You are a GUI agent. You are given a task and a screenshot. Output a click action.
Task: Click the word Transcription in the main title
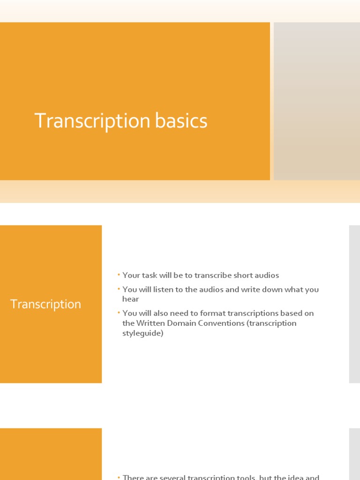point(92,121)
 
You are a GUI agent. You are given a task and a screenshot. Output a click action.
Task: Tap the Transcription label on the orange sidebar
point(45,304)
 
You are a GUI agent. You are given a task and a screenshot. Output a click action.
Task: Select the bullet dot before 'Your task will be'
point(119,275)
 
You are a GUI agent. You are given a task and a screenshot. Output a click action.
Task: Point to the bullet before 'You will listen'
point(119,289)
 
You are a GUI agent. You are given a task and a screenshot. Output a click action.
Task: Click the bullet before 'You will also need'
point(119,313)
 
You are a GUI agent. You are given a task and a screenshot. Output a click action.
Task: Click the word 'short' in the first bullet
point(240,276)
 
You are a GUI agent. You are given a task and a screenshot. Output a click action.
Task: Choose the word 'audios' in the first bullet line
point(266,276)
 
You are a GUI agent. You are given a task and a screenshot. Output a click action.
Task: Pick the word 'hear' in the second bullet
point(131,299)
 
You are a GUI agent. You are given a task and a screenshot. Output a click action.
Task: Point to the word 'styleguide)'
point(143,334)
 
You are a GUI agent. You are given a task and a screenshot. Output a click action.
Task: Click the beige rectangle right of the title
point(317,101)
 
